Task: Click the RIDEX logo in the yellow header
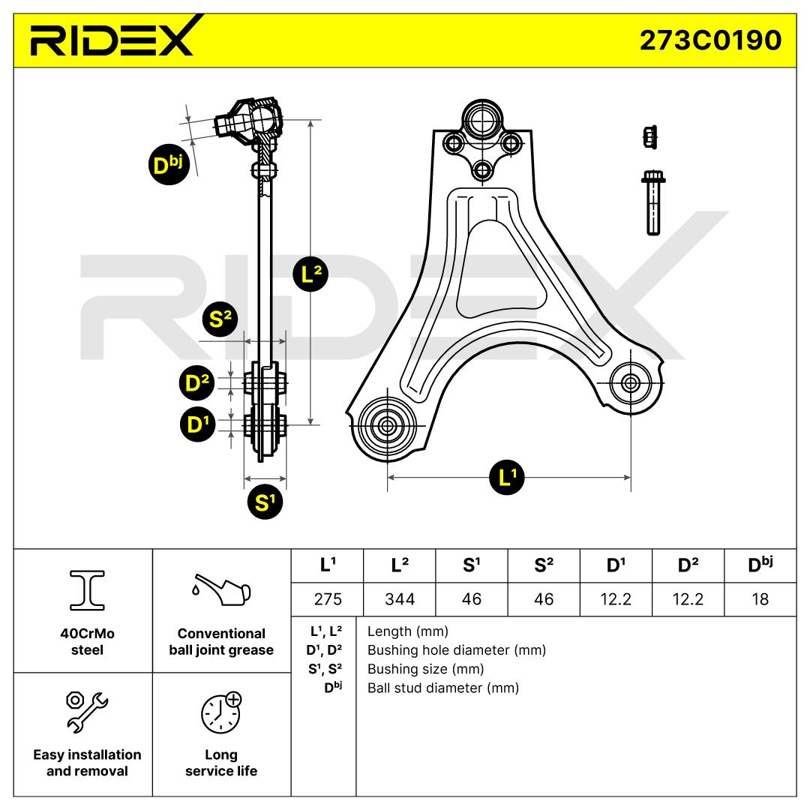[112, 38]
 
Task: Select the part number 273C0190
[709, 40]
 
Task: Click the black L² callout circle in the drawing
[310, 274]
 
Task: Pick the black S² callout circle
[220, 319]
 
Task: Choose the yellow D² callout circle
[197, 383]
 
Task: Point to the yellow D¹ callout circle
[197, 425]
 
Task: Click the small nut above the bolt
[650, 136]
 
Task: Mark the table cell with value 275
[327, 599]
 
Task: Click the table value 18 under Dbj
[760, 599]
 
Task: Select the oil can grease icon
[220, 590]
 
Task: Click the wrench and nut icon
[87, 709]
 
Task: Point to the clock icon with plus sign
[221, 711]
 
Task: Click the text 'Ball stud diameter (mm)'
[442, 688]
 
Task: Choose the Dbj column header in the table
[760, 565]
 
